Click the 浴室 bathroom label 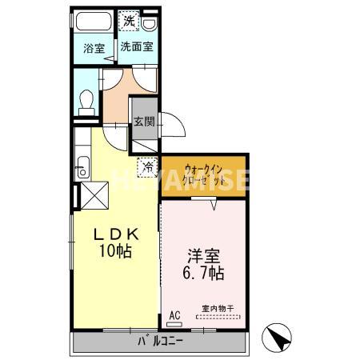[x=94, y=48]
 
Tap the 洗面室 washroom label [x=137, y=47]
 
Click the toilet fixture [x=87, y=101]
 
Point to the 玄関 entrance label [x=144, y=122]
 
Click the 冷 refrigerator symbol [x=148, y=167]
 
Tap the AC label [x=174, y=315]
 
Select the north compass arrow [x=280, y=338]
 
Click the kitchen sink [x=82, y=169]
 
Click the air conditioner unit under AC [x=174, y=326]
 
